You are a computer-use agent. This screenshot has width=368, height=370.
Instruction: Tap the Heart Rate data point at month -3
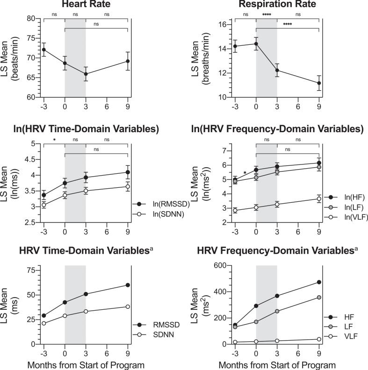(x=44, y=50)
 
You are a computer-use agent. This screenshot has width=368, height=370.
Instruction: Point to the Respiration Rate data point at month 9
(x=319, y=83)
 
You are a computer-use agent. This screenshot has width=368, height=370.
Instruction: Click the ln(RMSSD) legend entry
(x=160, y=204)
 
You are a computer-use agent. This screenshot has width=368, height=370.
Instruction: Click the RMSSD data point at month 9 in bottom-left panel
(x=128, y=285)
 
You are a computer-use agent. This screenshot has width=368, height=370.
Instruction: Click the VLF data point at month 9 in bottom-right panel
(x=319, y=339)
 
